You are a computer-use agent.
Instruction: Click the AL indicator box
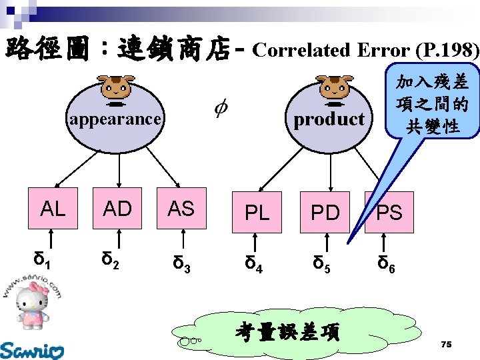[53, 209]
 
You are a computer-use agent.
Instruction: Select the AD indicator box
[118, 209]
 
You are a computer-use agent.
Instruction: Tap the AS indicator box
[181, 209]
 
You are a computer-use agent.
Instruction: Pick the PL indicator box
[257, 213]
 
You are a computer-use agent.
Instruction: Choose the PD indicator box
[325, 213]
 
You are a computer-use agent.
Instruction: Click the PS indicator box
[389, 213]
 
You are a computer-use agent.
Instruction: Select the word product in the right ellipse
[329, 120]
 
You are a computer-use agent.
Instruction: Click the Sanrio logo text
[32, 349]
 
